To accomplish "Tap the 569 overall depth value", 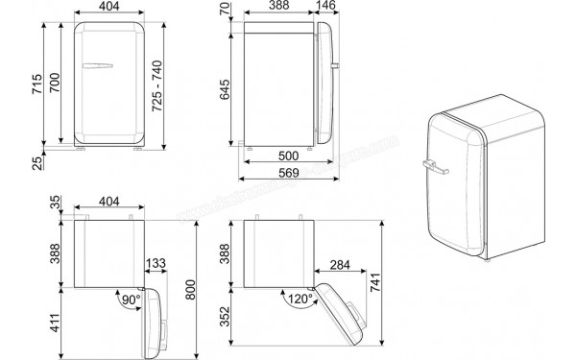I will coord(289,174).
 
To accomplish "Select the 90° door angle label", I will coord(130,300).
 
